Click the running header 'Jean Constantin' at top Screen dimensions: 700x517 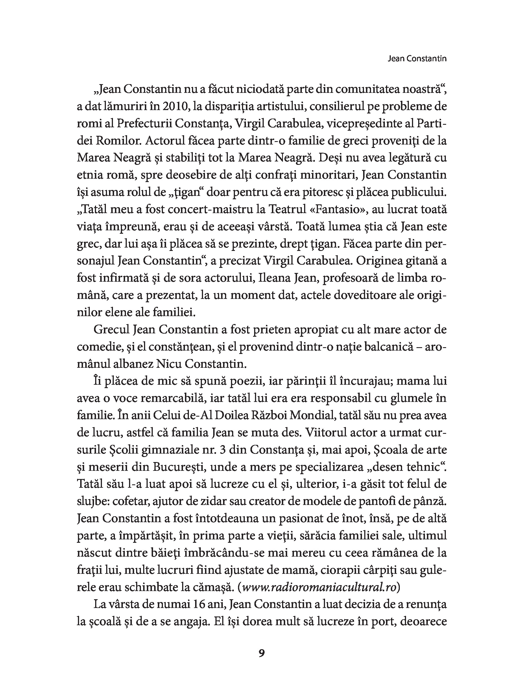click(417, 58)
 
